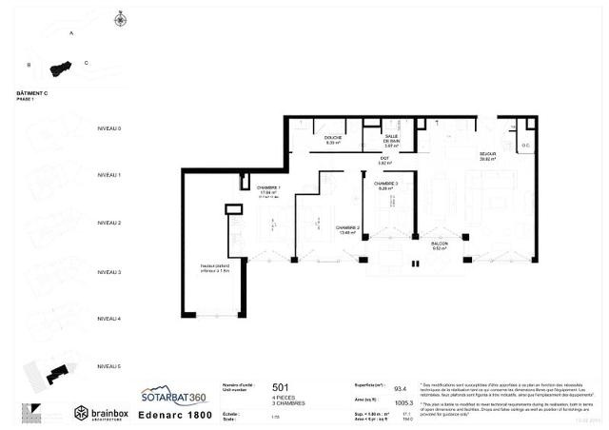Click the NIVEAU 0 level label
109,128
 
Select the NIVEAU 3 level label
109,271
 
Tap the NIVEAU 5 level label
109,366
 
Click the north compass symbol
120,19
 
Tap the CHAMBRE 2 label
346,228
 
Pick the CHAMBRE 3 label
385,184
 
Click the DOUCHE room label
332,139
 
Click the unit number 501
281,387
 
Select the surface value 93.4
402,388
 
